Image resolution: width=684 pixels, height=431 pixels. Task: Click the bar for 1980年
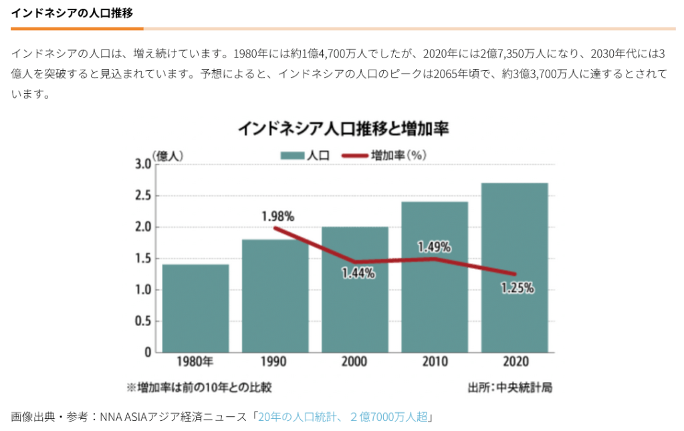[x=195, y=309]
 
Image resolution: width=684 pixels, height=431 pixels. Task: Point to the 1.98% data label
[x=277, y=216]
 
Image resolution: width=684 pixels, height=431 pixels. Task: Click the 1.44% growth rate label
[x=358, y=273]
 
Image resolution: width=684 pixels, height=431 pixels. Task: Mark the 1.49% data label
[x=434, y=247]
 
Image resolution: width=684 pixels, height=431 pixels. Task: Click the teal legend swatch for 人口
[x=292, y=155]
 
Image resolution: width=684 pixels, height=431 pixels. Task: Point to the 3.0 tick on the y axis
[x=142, y=165]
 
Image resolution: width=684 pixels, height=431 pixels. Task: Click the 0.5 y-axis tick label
[x=142, y=321]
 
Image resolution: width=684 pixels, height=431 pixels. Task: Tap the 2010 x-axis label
[x=435, y=361]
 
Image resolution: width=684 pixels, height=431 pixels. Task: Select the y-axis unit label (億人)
[x=167, y=155]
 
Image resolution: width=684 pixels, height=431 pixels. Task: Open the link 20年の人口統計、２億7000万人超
[x=344, y=417]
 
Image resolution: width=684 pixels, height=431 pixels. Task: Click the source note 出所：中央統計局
[x=510, y=387]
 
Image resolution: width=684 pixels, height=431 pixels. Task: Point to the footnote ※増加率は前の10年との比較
[x=199, y=387]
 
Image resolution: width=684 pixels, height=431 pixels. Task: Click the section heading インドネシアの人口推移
[x=76, y=13]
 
